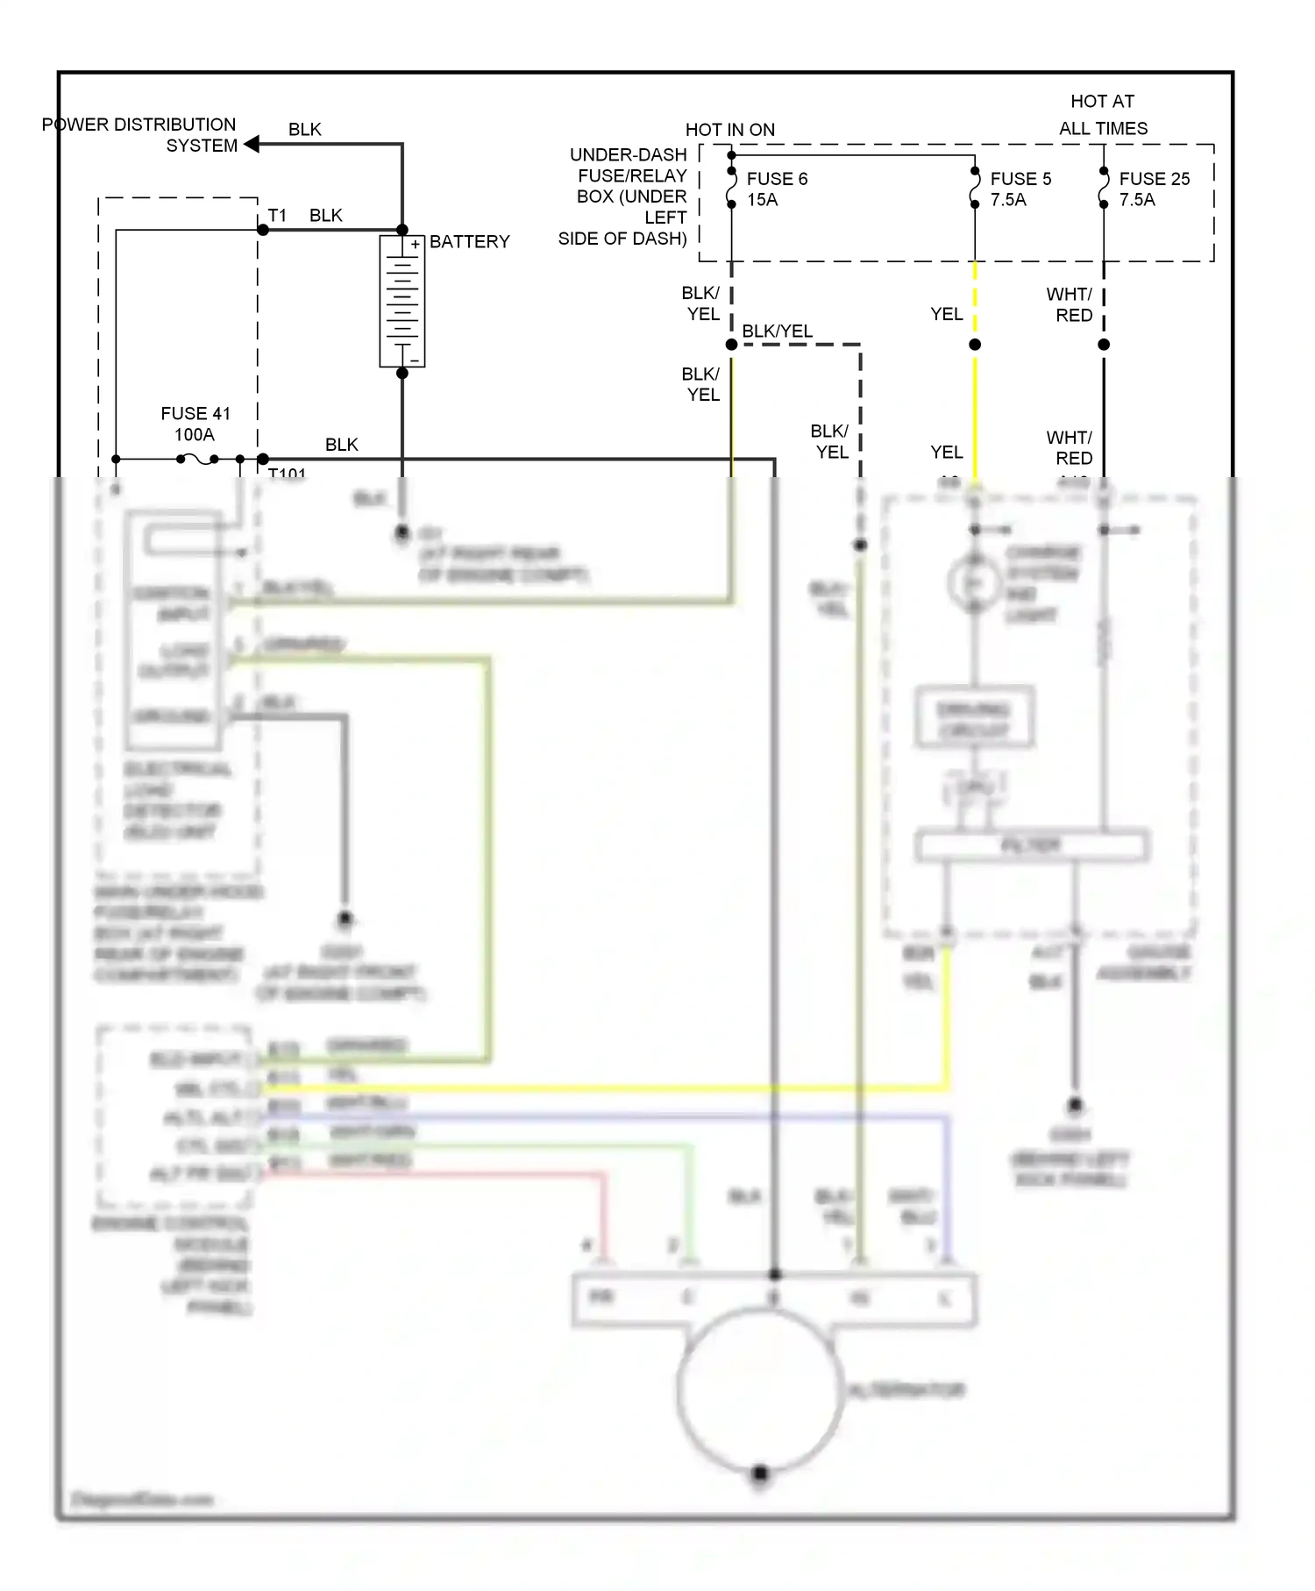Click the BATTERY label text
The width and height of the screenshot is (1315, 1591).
click(x=469, y=241)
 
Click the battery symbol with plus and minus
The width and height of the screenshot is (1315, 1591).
click(x=402, y=301)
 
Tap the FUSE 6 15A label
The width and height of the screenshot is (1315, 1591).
click(x=776, y=189)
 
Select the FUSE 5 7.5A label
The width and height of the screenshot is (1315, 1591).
click(x=1020, y=189)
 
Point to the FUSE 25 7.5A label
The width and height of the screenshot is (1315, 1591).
click(x=1154, y=189)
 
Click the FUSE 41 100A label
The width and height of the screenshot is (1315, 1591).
click(x=195, y=424)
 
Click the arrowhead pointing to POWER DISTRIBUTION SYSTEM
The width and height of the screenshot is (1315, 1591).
click(x=252, y=145)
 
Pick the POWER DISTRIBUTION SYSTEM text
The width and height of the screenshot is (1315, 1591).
click(x=140, y=135)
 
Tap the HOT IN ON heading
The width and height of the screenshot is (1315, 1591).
click(x=729, y=130)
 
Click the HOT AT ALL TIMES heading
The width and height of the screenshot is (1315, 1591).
click(x=1102, y=115)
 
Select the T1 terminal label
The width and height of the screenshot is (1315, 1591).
click(x=277, y=215)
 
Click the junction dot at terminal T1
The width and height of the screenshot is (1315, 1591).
click(x=263, y=230)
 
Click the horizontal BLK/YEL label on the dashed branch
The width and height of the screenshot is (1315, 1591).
click(x=777, y=331)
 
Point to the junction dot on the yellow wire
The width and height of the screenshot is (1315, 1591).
click(x=975, y=345)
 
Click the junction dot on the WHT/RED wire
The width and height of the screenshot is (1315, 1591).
click(x=1104, y=345)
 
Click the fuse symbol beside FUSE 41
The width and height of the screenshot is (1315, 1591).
click(x=199, y=459)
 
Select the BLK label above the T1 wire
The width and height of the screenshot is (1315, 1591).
click(x=325, y=215)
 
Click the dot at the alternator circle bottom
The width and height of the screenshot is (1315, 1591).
click(x=760, y=1473)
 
